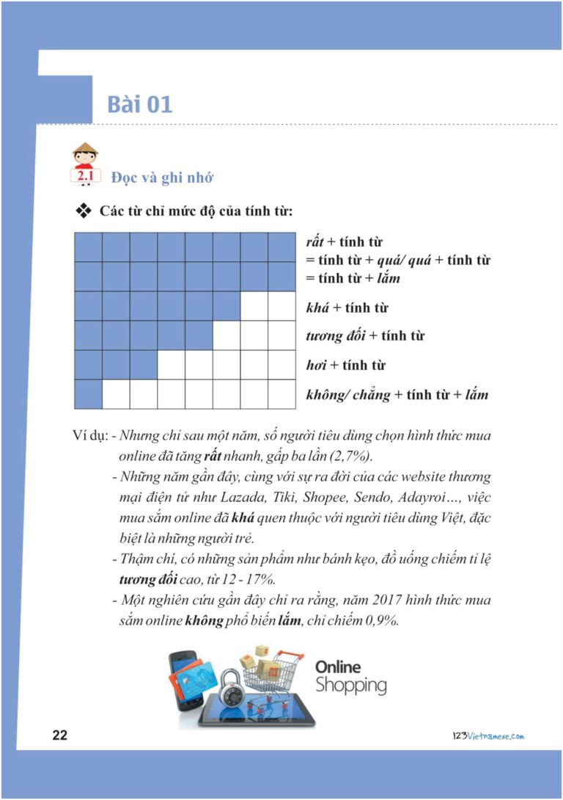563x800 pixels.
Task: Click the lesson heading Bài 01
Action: tap(139, 104)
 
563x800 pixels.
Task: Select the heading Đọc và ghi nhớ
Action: tap(162, 178)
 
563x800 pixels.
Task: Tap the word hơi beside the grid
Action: tap(317, 366)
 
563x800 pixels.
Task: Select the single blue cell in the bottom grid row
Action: tap(88, 394)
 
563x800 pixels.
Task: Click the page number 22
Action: tap(60, 735)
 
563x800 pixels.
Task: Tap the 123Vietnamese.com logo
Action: tap(488, 735)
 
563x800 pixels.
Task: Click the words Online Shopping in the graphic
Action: tap(350, 677)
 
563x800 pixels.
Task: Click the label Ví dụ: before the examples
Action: tap(91, 435)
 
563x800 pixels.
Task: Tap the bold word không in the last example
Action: tap(205, 620)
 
